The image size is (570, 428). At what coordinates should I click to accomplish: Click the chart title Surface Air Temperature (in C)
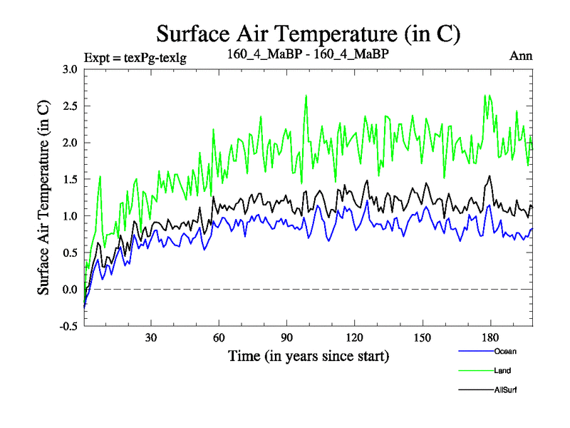309,34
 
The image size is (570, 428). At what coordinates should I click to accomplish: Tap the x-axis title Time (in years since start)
309,355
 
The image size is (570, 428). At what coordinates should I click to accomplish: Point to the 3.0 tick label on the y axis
70,69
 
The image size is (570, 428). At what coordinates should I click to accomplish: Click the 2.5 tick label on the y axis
70,106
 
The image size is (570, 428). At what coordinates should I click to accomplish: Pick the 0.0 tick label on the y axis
70,290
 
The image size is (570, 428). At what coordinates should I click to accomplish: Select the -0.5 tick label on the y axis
68,326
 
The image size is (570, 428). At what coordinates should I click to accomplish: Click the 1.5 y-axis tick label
70,179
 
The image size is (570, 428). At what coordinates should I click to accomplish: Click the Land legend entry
502,370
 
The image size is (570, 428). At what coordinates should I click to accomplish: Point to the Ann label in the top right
522,56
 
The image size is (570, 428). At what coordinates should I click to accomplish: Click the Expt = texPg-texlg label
135,58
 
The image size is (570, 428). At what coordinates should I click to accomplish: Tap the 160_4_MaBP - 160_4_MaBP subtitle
308,54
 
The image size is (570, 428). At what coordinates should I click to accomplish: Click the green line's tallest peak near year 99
306,96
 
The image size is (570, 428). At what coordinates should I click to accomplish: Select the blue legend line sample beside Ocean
475,351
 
